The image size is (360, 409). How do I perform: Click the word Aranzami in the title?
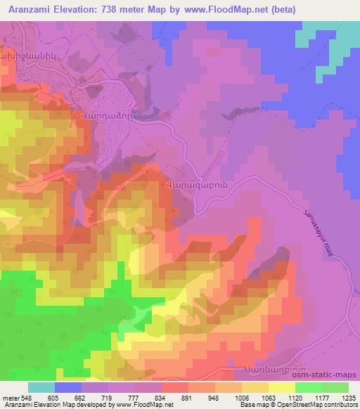pyautogui.click(x=33, y=10)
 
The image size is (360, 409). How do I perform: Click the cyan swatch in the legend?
pyautogui.click(x=41, y=387)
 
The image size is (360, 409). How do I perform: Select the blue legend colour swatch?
pyautogui.click(x=69, y=387)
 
